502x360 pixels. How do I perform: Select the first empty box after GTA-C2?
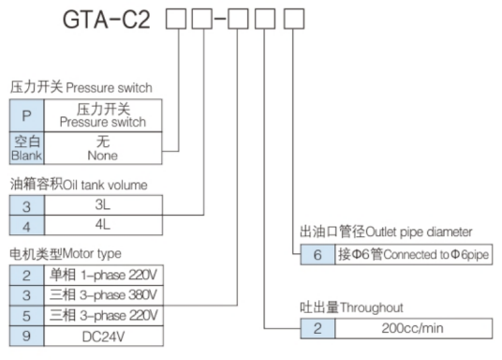click(175, 21)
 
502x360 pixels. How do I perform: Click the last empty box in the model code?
click(294, 21)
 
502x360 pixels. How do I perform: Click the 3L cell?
click(103, 203)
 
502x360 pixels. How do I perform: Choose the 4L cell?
click(103, 225)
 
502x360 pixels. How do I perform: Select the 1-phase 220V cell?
click(103, 274)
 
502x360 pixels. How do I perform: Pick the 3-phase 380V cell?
click(103, 294)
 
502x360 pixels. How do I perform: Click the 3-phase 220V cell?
click(103, 314)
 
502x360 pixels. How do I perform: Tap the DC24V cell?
click(103, 335)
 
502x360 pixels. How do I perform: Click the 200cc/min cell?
click(413, 327)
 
